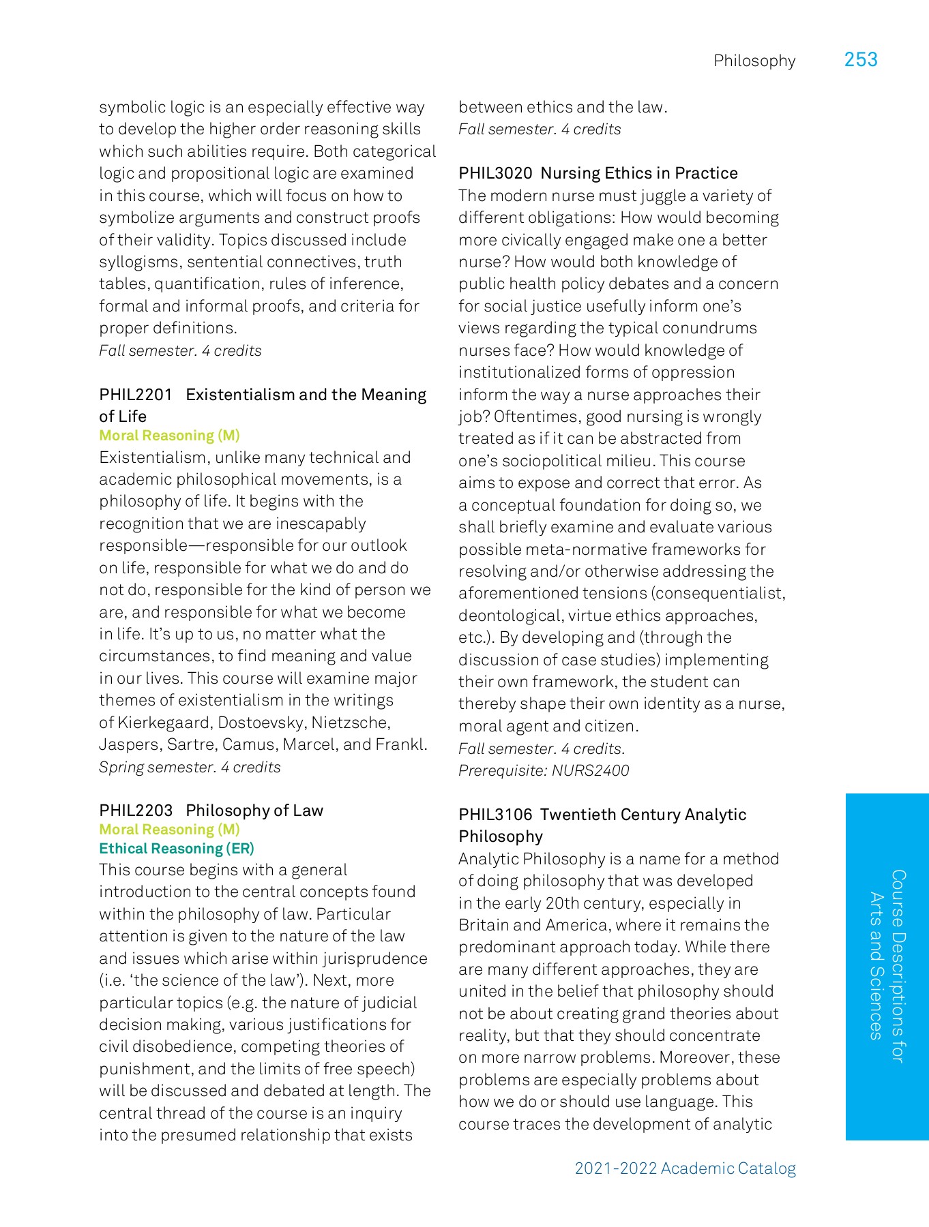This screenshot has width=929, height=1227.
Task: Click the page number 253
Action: [860, 60]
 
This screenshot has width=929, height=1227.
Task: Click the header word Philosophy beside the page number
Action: [754, 61]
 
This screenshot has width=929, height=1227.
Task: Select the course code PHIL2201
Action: [136, 395]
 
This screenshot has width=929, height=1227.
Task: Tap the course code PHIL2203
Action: [136, 811]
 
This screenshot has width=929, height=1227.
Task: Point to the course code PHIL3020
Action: [495, 173]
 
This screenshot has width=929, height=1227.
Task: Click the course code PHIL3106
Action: [495, 815]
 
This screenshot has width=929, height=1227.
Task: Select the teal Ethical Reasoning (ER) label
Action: [177, 849]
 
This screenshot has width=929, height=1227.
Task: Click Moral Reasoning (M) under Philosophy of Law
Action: [169, 830]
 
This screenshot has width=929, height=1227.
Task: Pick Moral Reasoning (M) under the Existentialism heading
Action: [169, 436]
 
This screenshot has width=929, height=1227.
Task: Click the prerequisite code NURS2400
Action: [590, 771]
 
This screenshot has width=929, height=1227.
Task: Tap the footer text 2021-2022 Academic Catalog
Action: [685, 1168]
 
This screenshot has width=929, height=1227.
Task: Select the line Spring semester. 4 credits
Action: [190, 768]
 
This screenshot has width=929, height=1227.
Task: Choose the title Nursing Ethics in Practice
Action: [639, 173]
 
